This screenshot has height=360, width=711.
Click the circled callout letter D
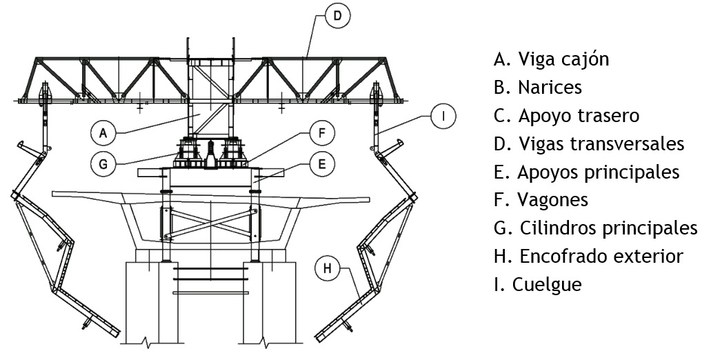[x=337, y=16]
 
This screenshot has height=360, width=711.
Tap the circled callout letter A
[x=102, y=132]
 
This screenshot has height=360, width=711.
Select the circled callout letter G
[x=102, y=163]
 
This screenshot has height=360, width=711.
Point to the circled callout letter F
[x=321, y=132]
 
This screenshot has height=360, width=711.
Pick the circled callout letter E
[x=321, y=163]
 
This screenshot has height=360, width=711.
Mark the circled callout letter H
[x=328, y=268]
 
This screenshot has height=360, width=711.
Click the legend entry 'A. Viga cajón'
[x=551, y=59]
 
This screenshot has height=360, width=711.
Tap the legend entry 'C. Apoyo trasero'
[x=566, y=115]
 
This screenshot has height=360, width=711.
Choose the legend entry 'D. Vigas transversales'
[x=589, y=143]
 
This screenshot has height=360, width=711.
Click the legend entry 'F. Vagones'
[x=541, y=200]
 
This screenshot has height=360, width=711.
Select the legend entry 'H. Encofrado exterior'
[x=588, y=256]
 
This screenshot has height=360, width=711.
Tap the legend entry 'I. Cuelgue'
[x=538, y=284]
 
